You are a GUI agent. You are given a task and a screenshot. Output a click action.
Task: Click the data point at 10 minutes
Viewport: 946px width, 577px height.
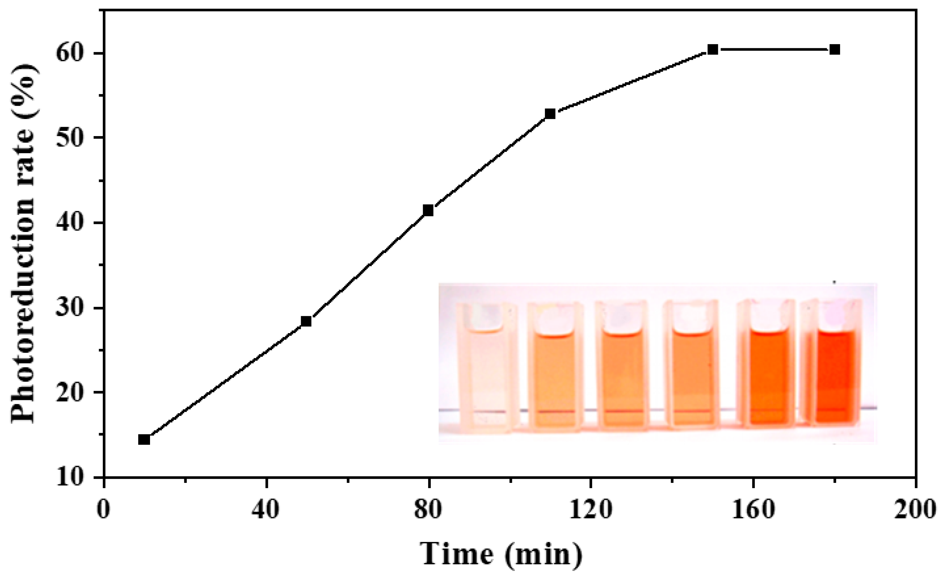[x=144, y=439]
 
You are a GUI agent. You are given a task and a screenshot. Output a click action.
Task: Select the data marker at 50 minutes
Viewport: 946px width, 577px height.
[x=306, y=321]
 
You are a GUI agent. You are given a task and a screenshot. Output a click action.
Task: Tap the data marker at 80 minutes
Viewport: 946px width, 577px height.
[x=428, y=210]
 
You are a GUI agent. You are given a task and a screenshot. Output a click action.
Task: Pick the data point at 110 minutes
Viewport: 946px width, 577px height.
[x=550, y=114]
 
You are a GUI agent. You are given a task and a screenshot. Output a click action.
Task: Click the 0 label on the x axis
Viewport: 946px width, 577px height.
[x=103, y=510]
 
